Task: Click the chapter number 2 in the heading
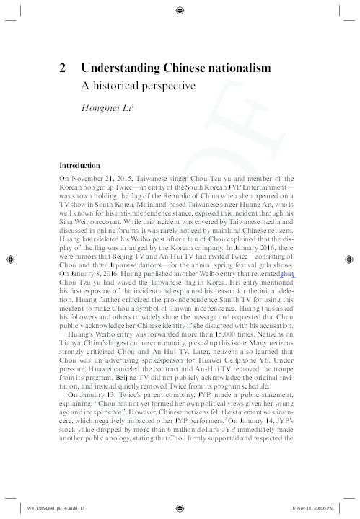[63, 68]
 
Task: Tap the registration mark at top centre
[180, 10]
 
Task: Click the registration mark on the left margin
[10, 259]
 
